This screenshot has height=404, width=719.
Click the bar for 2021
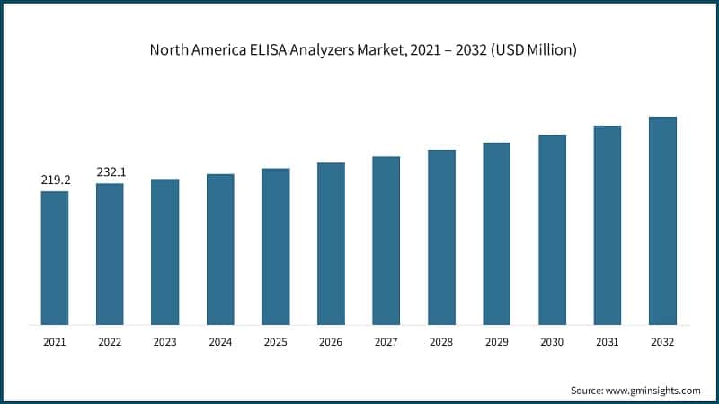pyautogui.click(x=55, y=258)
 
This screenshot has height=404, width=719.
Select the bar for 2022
pyautogui.click(x=110, y=254)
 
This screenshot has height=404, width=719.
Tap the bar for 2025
pyautogui.click(x=276, y=246)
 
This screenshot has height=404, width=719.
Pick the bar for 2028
pyautogui.click(x=441, y=237)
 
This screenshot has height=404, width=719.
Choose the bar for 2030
pyautogui.click(x=552, y=230)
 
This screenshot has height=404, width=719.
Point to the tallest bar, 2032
pyautogui.click(x=662, y=221)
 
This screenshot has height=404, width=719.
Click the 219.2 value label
pyautogui.click(x=55, y=180)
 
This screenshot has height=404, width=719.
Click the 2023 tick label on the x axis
pyautogui.click(x=165, y=342)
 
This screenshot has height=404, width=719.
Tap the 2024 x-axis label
pyautogui.click(x=220, y=342)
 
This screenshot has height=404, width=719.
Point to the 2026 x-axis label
pyautogui.click(x=331, y=342)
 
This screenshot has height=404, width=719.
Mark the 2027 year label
pyautogui.click(x=386, y=342)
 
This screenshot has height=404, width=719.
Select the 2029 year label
pyautogui.click(x=497, y=342)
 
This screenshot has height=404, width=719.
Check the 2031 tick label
pyautogui.click(x=608, y=342)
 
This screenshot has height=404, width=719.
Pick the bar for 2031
pyautogui.click(x=608, y=225)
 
